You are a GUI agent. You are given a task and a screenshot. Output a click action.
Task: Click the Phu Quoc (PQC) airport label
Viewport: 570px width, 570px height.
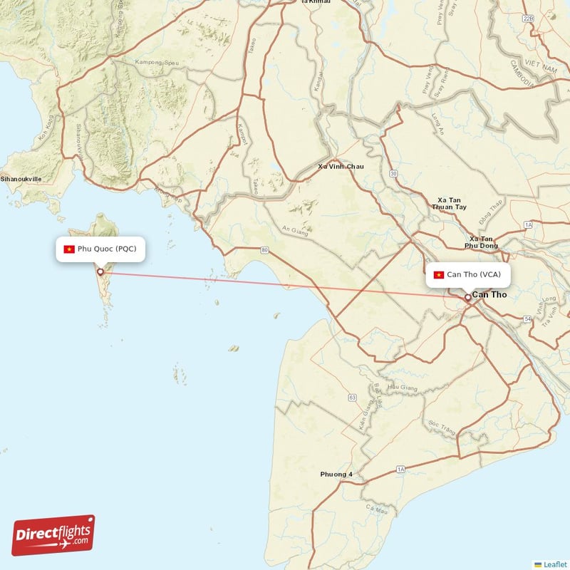pos(104,249)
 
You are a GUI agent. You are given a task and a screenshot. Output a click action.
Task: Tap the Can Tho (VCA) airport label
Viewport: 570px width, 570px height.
pos(469,274)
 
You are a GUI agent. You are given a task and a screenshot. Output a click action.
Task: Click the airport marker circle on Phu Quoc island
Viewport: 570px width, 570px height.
pos(100,271)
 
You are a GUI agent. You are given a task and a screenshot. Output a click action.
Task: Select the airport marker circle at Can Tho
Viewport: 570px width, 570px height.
pos(467,297)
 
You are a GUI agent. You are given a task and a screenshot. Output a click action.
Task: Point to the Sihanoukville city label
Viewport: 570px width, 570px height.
pos(21,180)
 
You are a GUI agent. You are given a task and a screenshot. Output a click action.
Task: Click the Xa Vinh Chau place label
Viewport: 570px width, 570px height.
pos(341,167)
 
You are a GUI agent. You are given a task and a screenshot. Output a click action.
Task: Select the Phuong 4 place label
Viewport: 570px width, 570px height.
pos(336,475)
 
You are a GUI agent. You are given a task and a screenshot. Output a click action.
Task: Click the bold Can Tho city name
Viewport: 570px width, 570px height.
pos(489,294)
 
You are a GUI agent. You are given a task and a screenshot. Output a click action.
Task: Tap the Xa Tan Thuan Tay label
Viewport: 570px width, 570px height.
pos(450,203)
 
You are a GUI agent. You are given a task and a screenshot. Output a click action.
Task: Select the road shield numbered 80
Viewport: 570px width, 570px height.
pos(264,250)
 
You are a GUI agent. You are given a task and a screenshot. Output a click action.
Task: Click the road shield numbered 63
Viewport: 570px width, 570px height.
pos(352,397)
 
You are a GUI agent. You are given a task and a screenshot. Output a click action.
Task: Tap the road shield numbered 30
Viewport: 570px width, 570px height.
pos(393,173)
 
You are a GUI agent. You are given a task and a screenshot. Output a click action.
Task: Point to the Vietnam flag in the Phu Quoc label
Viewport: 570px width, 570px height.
pos(69,249)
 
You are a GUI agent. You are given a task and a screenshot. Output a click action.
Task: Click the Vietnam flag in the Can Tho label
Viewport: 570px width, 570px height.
pos(439,274)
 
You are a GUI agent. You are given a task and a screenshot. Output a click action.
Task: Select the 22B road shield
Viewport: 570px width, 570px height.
pos(528,18)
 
